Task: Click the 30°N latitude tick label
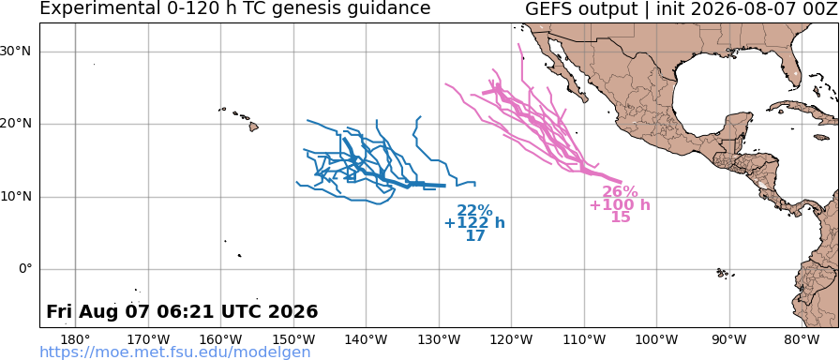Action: click(x=19, y=52)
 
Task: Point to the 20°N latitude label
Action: click(x=19, y=125)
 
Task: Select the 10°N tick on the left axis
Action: click(x=19, y=197)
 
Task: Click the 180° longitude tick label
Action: click(x=75, y=339)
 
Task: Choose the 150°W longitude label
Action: click(x=293, y=339)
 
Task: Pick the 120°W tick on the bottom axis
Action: click(x=512, y=339)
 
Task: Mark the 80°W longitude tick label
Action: click(x=802, y=339)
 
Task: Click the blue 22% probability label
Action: click(x=474, y=211)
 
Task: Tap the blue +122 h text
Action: click(x=474, y=223)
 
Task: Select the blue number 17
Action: click(x=475, y=235)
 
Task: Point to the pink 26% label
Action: click(x=621, y=192)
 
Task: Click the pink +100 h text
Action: click(x=621, y=204)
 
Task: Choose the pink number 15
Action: click(x=621, y=217)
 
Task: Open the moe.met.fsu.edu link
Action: click(x=175, y=352)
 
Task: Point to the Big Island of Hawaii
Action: click(x=253, y=127)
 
